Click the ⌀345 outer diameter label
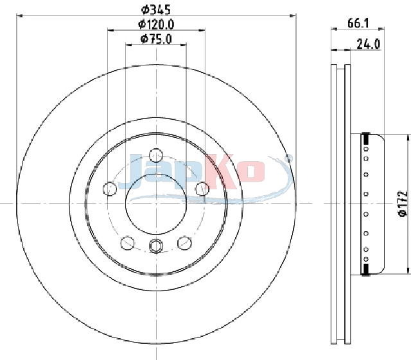[156, 10]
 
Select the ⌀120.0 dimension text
[156, 24]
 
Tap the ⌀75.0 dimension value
[156, 39]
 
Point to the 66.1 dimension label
[358, 23]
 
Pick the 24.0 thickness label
[368, 44]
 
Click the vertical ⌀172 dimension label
[403, 204]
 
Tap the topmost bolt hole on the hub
[156, 156]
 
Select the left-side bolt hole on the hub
[110, 189]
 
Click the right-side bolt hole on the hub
[202, 189]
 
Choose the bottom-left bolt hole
[127, 243]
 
